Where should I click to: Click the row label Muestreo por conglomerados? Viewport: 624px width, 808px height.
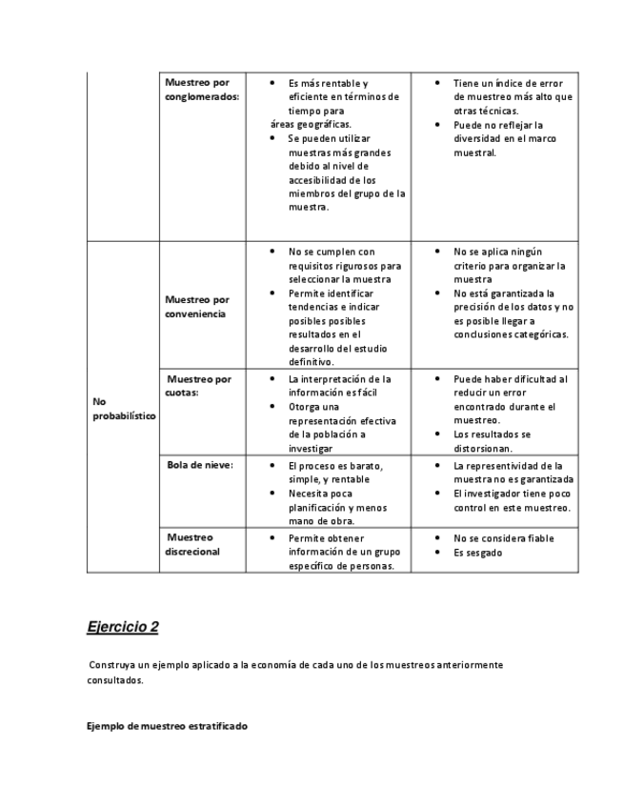[x=201, y=90]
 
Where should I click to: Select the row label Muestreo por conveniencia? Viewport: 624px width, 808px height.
[x=196, y=307]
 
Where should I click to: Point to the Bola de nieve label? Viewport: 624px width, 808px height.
[x=200, y=464]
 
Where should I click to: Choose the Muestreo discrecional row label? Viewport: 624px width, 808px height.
[x=191, y=544]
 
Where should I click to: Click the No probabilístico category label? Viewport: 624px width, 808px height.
[x=124, y=409]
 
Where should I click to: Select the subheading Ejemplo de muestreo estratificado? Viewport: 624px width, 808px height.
[x=167, y=726]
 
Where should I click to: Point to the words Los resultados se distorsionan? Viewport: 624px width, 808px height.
[x=492, y=440]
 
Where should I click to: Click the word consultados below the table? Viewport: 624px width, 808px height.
[x=114, y=680]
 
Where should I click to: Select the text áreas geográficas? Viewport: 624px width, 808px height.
[x=311, y=124]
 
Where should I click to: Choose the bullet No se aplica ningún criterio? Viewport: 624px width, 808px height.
[x=510, y=266]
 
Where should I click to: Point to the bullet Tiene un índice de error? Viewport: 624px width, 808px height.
[x=513, y=96]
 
